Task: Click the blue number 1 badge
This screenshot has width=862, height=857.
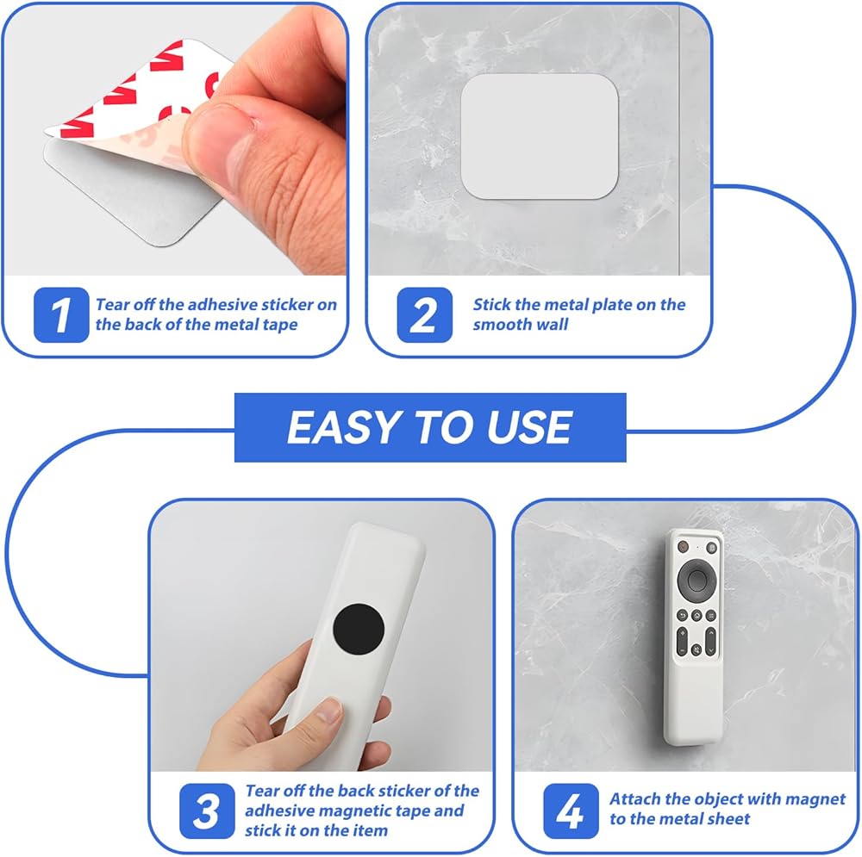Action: tap(61, 314)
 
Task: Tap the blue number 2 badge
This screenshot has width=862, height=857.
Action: tap(424, 314)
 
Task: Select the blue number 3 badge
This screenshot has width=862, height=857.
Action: tap(207, 810)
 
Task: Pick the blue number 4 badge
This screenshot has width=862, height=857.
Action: tap(571, 810)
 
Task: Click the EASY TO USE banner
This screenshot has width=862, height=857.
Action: tap(430, 427)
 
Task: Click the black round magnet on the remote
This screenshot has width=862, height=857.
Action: tap(359, 629)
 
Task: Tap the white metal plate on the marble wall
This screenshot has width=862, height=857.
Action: tap(540, 137)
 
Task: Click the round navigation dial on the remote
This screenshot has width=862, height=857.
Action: tap(696, 579)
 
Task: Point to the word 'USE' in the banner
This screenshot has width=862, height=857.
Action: tap(529, 427)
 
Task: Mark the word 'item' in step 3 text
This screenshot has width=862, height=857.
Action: tap(369, 830)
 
